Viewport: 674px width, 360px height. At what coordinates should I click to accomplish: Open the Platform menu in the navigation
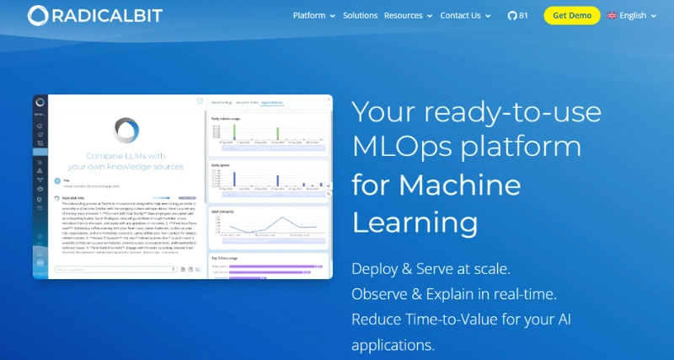pos(313,15)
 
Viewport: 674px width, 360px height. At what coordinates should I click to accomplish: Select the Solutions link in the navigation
pos(361,15)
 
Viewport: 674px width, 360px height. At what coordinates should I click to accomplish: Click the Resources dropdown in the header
pos(408,15)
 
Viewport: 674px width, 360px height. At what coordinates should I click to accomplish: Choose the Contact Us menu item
pos(465,15)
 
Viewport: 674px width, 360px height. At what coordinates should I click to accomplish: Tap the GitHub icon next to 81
pos(512,15)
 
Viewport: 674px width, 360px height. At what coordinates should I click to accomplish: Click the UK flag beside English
pos(612,15)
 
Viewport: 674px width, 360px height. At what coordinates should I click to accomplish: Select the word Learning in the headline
pos(415,223)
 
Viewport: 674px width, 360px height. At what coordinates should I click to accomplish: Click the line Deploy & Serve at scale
pos(431,270)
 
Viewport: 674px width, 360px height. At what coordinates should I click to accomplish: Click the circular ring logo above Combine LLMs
pos(126,130)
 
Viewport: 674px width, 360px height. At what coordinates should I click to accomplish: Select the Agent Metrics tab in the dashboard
pos(271,102)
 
